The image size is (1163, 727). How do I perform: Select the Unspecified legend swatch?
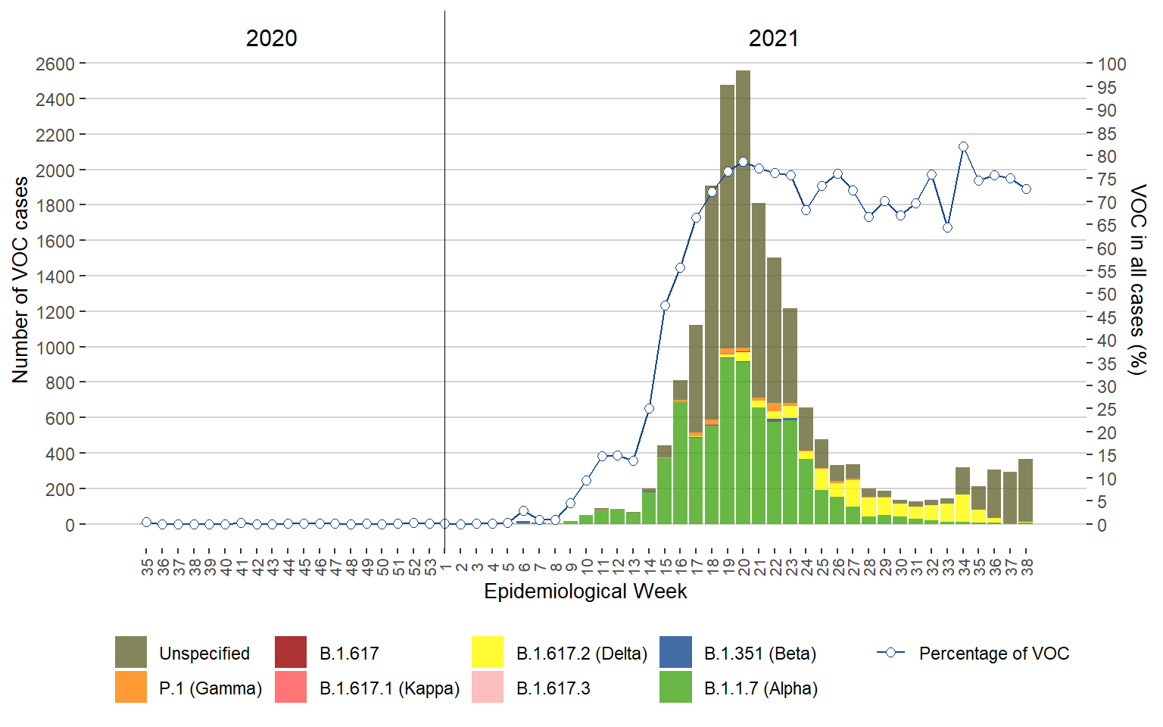(131, 652)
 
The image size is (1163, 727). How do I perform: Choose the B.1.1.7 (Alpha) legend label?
(760, 688)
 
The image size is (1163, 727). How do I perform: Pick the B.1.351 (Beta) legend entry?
(759, 654)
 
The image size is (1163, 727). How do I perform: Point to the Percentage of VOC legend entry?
(993, 654)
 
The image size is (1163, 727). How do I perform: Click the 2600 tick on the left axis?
(55, 64)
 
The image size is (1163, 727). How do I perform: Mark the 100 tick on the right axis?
(1112, 64)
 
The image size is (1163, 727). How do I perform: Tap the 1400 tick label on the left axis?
(55, 276)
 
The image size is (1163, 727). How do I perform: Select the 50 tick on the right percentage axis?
(1107, 295)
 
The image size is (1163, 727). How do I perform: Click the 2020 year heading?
(271, 39)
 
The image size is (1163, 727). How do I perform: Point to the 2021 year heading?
(773, 39)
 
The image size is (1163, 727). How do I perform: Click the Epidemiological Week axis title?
(585, 591)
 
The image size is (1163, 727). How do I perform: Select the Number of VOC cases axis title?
(20, 280)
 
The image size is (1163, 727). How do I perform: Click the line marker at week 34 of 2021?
(963, 147)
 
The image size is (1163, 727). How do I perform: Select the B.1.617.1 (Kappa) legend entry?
(389, 688)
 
